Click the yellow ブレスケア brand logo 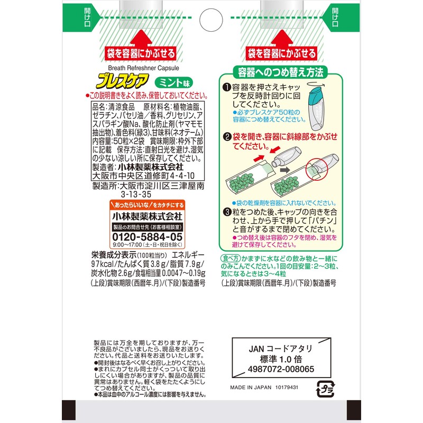(123, 81)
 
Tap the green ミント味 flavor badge (174, 82)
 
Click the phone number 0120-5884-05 (148, 237)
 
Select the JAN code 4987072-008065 (281, 369)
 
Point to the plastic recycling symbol (325, 389)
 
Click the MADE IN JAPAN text (251, 388)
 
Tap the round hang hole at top (211, 20)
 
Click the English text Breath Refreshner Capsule (143, 68)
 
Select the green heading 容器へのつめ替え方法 (280, 72)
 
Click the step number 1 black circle (227, 87)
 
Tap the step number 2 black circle (227, 137)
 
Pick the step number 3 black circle (228, 212)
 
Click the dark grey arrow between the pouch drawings (284, 170)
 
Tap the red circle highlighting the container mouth (316, 169)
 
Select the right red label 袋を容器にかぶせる (282, 53)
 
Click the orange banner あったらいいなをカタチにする (148, 205)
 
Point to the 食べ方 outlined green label (230, 259)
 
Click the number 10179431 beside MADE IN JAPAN (287, 388)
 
